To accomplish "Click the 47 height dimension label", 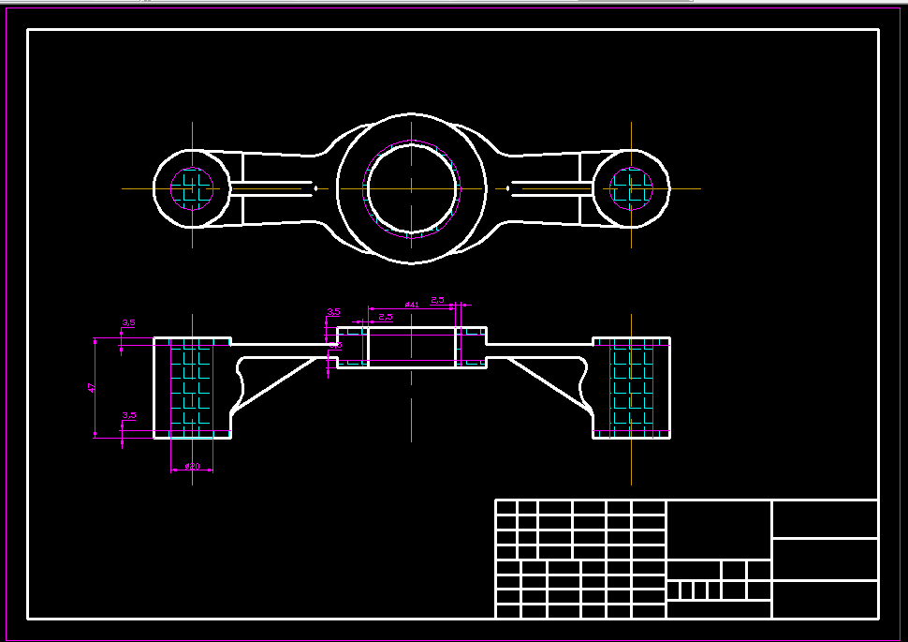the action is [x=92, y=387].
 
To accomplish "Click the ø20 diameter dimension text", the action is [x=192, y=466].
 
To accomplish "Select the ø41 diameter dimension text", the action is [x=411, y=305].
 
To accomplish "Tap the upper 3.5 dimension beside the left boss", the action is [x=128, y=323].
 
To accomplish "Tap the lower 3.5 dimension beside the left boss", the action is [x=129, y=415].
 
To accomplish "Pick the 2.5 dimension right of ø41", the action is [x=437, y=300].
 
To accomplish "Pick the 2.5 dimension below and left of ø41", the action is [x=386, y=317].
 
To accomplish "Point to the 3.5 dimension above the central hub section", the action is [x=333, y=312].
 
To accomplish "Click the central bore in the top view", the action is [x=412, y=187].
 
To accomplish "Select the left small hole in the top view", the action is [x=192, y=187].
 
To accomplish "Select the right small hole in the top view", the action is [x=631, y=187].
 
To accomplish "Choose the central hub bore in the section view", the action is [x=411, y=346].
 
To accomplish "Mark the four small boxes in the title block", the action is [x=694, y=590].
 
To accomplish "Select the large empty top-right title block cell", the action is [x=825, y=518].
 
